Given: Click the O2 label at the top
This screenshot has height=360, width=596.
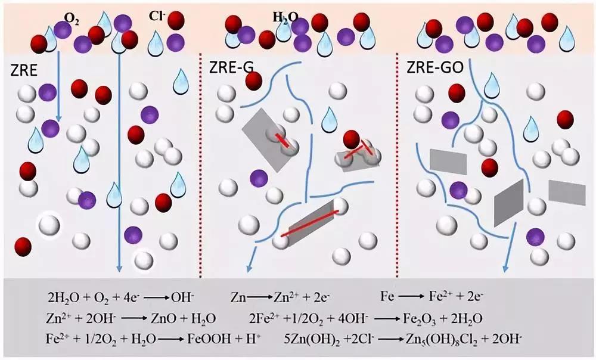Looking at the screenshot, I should click(75, 18).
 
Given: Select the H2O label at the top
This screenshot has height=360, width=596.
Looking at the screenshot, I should click(285, 18).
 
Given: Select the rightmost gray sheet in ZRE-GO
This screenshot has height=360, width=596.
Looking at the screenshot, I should click(567, 191).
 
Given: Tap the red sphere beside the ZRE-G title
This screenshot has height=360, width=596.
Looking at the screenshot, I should click(254, 81).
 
